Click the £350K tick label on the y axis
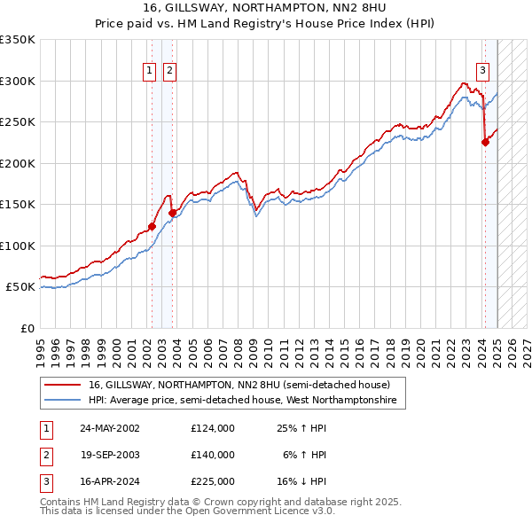17,40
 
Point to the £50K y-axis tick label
20,287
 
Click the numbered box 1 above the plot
150,72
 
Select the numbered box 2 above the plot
169,72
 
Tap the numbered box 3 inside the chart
483,72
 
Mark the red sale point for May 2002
152,226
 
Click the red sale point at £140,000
172,213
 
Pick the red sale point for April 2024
485,142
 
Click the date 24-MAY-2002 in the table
110,428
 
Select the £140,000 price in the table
213,455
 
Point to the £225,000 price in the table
213,481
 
